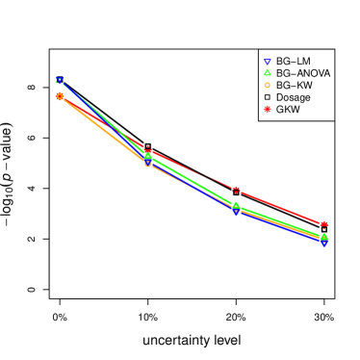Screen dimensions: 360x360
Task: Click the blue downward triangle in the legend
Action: (267, 63)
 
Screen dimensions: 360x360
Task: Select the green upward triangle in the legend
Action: (267, 73)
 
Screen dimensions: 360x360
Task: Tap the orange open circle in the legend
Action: (267, 85)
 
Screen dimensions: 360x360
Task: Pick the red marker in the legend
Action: (267, 109)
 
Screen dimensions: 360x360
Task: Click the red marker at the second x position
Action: (147, 149)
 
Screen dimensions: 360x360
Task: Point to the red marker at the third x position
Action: (236, 190)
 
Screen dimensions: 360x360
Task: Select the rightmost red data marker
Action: (323, 224)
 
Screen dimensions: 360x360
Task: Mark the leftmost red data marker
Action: (60, 96)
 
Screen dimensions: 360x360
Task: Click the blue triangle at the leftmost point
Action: (60, 81)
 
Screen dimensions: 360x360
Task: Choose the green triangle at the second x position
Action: (147, 156)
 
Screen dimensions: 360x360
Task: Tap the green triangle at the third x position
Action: (236, 205)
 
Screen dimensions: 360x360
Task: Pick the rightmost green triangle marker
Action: (323, 237)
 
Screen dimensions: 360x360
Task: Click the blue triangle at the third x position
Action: (236, 212)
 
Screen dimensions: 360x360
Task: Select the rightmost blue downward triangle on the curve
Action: (323, 243)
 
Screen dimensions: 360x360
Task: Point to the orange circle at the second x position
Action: (147, 164)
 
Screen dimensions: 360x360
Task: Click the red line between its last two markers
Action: (279, 207)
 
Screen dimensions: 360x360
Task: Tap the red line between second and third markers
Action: (192, 169)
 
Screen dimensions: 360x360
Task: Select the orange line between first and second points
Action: (103, 130)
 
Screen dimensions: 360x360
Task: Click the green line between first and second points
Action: (103, 118)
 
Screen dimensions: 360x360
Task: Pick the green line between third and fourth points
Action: (279, 221)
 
